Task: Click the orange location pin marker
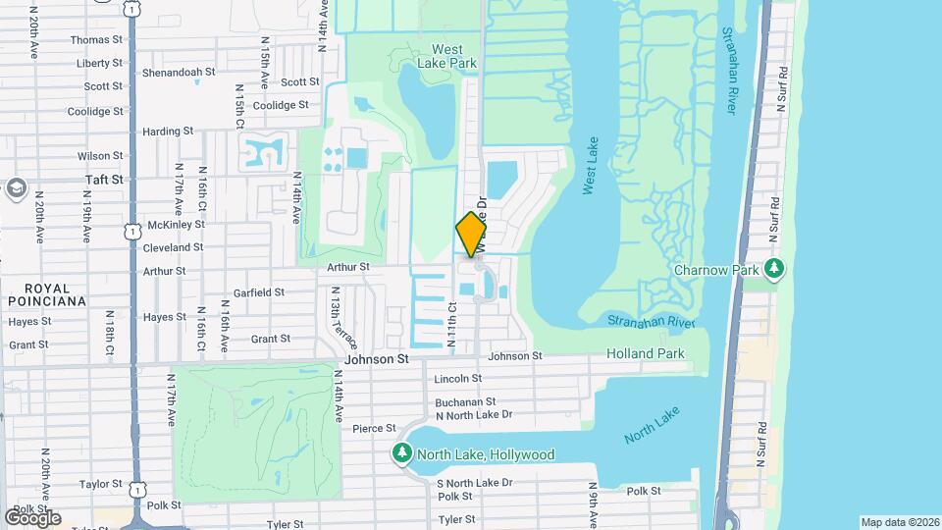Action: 471,234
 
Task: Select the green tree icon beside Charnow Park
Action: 775,268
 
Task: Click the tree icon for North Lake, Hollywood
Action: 401,453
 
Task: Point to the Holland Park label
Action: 643,353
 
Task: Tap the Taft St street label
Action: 103,180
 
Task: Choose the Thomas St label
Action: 96,40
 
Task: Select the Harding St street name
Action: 167,132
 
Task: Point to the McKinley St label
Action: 148,224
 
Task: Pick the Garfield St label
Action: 258,292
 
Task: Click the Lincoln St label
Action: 457,378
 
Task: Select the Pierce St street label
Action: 373,428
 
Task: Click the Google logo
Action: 32,517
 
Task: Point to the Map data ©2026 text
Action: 899,522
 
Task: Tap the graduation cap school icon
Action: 15,186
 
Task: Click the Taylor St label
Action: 100,484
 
